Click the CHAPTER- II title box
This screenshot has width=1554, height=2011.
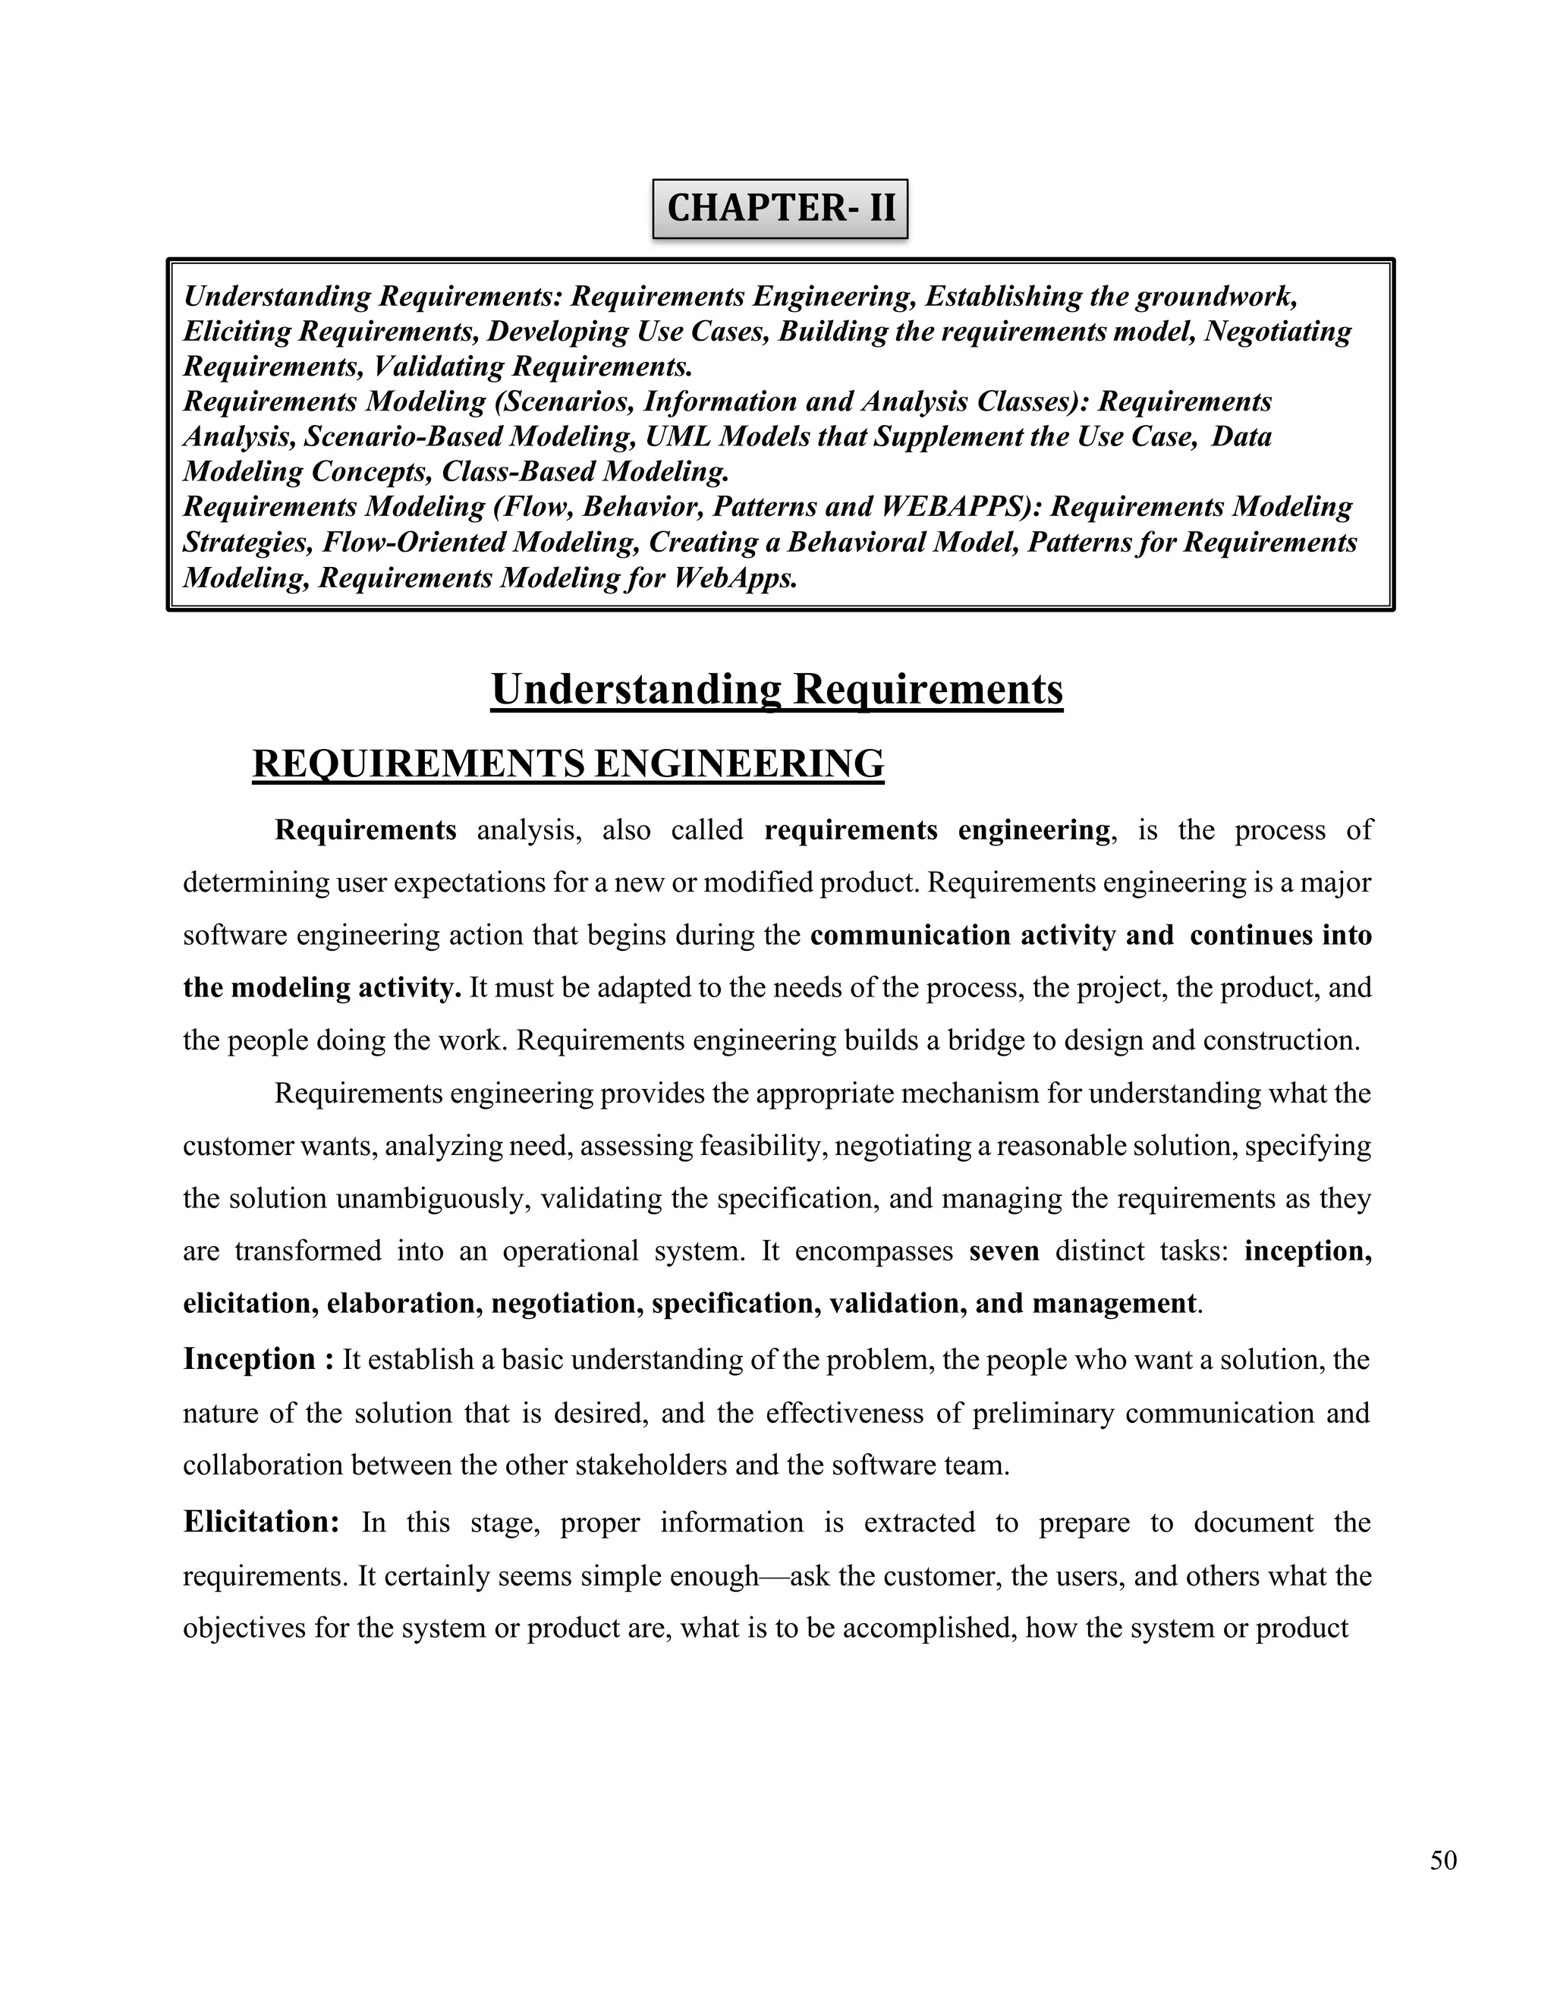pyautogui.click(x=780, y=208)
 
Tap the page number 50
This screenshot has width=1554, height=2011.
pyautogui.click(x=1442, y=1861)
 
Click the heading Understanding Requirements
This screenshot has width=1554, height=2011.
pyautogui.click(x=777, y=690)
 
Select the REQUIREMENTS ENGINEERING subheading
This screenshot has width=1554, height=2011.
pyautogui.click(x=568, y=764)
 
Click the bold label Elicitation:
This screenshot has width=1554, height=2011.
pyautogui.click(x=262, y=1522)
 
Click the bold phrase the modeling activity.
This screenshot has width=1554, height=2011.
pyautogui.click(x=321, y=988)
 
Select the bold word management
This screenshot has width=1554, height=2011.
pyautogui.click(x=1114, y=1304)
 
